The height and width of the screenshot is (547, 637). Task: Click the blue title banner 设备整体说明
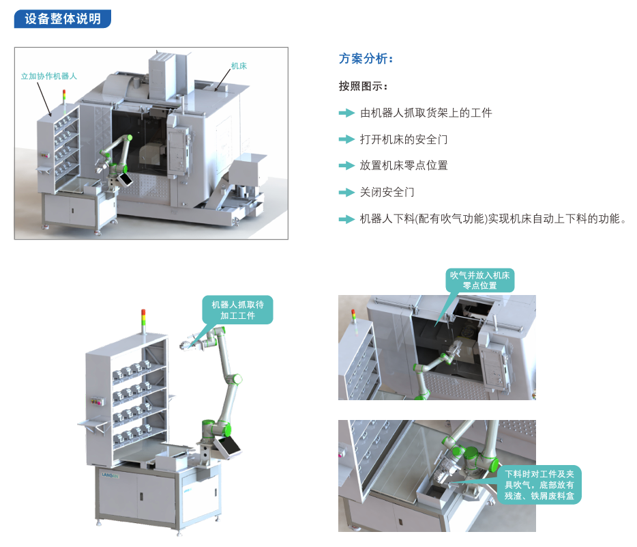coord(63,18)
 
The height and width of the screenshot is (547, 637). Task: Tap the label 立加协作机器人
coord(48,76)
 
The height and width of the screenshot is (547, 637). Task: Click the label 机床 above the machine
coord(239,66)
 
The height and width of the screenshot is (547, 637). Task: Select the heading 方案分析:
coord(366,59)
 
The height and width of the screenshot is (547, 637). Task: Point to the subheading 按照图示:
coord(364,86)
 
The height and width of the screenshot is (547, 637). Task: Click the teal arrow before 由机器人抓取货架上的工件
coord(346,113)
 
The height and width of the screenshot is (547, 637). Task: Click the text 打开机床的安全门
coord(403,139)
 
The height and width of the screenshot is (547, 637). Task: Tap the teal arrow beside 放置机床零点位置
coord(346,165)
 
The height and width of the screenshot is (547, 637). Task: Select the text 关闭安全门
coord(387,192)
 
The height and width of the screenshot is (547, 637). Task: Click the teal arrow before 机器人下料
coord(346,219)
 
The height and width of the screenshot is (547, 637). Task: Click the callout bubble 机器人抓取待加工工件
coord(237,310)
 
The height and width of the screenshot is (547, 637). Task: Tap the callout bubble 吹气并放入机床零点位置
coord(479,280)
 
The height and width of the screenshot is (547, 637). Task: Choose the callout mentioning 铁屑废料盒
coord(539,485)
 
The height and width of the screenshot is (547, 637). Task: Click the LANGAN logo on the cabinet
coord(110,475)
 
